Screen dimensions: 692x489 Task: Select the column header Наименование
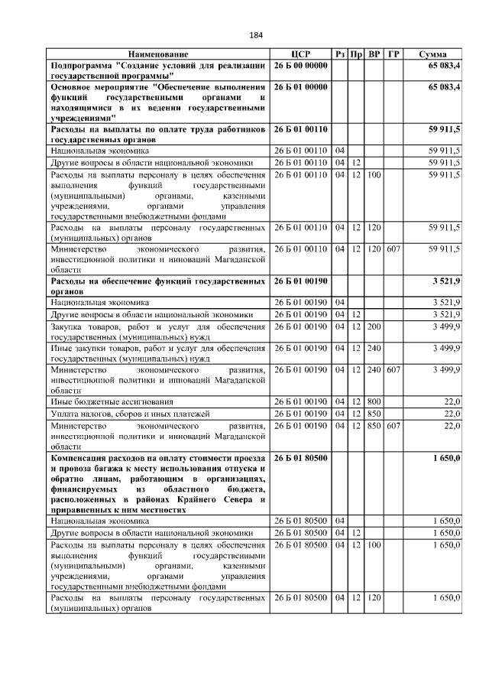[158, 55]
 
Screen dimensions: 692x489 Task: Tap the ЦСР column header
[300, 55]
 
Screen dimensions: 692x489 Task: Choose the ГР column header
[393, 55]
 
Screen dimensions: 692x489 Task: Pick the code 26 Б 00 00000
[300, 67]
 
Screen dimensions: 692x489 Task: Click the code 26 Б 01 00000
[300, 88]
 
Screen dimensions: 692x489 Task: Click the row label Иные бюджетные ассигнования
[112, 401]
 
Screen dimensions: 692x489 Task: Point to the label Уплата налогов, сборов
[119, 414]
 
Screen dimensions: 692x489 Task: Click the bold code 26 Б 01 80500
[300, 458]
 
